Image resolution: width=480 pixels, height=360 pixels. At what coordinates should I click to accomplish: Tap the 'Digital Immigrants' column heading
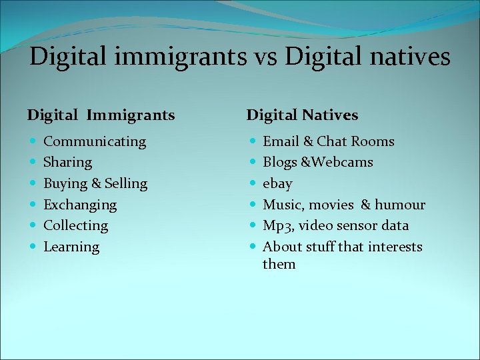pyautogui.click(x=101, y=115)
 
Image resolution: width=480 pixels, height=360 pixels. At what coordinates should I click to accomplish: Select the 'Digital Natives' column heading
pyautogui.click(x=302, y=115)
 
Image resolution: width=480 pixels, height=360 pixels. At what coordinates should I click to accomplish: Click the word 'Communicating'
pyautogui.click(x=95, y=141)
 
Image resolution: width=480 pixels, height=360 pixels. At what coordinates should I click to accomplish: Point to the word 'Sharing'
pyautogui.click(x=67, y=162)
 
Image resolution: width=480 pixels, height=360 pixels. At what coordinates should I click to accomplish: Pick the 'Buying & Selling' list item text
pyautogui.click(x=95, y=183)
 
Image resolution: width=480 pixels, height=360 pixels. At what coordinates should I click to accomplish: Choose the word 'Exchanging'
pyautogui.click(x=80, y=205)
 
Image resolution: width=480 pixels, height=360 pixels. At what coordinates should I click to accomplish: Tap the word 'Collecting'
pyautogui.click(x=75, y=225)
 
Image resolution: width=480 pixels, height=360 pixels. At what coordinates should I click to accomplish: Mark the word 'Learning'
pyautogui.click(x=71, y=247)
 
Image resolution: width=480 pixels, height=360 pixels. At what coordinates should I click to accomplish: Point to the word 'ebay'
pyautogui.click(x=277, y=183)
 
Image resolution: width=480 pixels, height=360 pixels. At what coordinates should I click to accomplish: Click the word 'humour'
pyautogui.click(x=400, y=205)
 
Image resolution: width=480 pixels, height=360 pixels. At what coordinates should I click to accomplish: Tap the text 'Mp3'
pyautogui.click(x=277, y=226)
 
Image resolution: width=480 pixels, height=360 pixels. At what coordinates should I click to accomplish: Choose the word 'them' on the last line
pyautogui.click(x=279, y=264)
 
